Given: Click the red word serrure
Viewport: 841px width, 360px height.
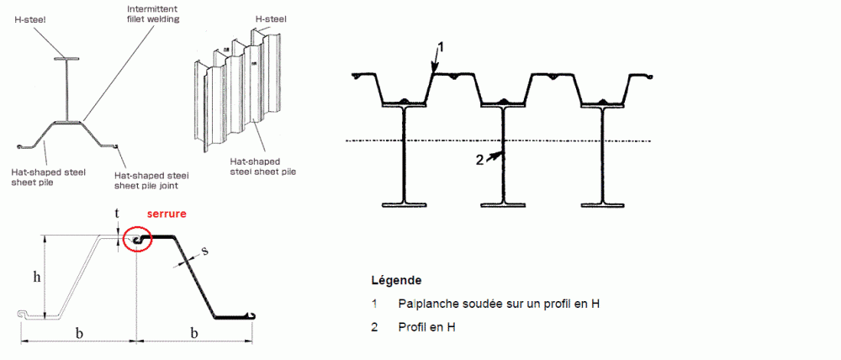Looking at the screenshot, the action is [x=168, y=214].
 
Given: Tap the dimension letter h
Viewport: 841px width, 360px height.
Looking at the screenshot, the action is [x=36, y=277].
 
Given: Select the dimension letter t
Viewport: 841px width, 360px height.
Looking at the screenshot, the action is [x=118, y=213].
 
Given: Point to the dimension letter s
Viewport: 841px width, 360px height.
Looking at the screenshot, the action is [x=205, y=251].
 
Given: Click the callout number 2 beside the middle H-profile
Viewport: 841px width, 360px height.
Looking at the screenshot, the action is [x=480, y=160].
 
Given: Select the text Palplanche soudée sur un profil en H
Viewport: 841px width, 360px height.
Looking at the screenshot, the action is [x=499, y=304].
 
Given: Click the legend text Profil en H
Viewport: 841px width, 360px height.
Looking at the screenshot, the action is [x=427, y=326].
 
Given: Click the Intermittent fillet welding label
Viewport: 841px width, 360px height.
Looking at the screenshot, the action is [x=153, y=14].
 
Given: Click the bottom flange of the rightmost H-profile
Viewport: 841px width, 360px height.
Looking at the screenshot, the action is [x=602, y=204].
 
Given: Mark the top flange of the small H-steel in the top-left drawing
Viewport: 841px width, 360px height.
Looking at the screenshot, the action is [x=66, y=58].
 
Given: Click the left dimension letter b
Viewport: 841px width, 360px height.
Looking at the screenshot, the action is [x=79, y=333].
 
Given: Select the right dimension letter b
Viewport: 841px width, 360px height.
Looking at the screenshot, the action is [x=194, y=333].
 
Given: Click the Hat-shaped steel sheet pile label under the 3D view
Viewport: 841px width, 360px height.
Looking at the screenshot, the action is [x=262, y=167].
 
